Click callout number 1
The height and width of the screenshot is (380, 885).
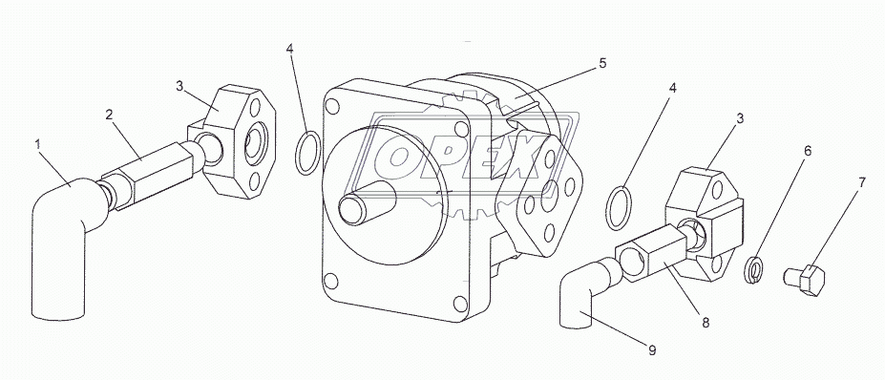38,144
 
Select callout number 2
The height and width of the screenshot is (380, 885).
109,115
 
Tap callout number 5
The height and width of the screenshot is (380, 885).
602,63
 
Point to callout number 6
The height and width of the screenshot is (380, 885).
808,151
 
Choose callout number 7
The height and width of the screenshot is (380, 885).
861,183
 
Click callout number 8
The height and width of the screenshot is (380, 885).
706,323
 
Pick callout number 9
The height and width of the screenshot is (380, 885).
652,350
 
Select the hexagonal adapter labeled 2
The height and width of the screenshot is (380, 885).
148,175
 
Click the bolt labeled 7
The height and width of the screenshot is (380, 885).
804,279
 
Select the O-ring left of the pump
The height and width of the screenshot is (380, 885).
298,153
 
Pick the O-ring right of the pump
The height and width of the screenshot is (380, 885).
608,208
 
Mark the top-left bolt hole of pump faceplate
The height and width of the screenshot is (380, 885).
332,106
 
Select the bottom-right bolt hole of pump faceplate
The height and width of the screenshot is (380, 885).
460,305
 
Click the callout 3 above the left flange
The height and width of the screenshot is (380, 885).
179,86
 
